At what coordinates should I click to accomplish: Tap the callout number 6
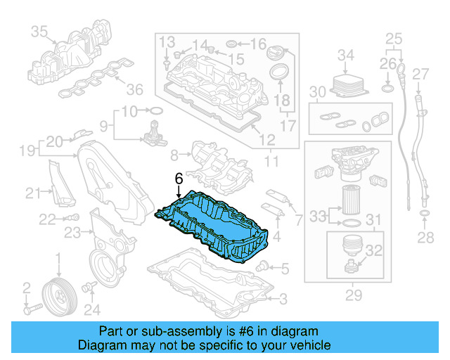(x=179, y=178)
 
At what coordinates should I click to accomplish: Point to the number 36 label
(x=134, y=89)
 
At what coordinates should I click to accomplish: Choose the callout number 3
(x=282, y=300)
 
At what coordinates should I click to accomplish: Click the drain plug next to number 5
(x=263, y=266)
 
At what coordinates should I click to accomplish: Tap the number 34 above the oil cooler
(x=346, y=54)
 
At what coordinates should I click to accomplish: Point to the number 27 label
(x=420, y=74)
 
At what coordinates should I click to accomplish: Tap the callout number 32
(x=373, y=250)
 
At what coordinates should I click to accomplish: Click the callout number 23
(x=72, y=231)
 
